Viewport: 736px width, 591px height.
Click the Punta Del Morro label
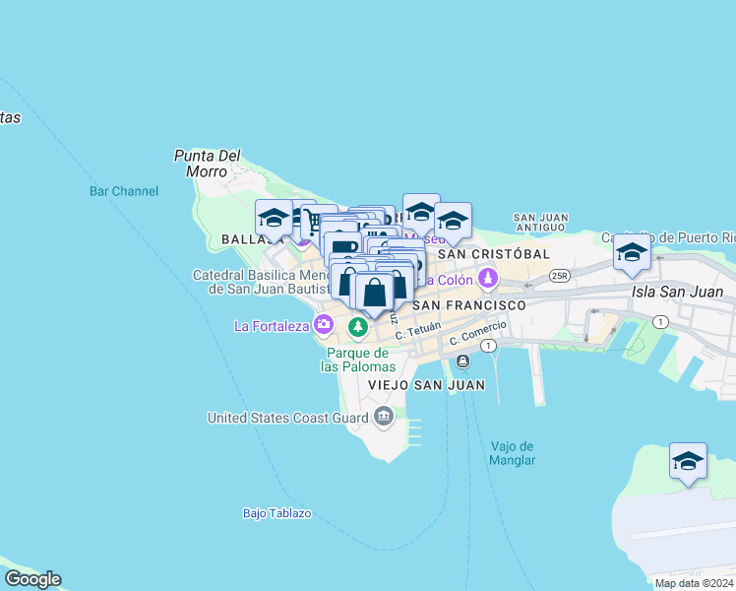[x=207, y=163]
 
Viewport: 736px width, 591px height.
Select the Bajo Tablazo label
[x=276, y=513]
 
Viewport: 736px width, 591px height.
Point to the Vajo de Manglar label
[x=513, y=453]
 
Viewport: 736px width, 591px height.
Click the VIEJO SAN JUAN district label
[x=426, y=384]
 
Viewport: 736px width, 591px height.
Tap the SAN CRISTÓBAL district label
[x=493, y=253]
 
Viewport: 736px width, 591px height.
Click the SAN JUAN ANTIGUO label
[x=540, y=222]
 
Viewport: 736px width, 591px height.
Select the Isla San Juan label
[x=679, y=292]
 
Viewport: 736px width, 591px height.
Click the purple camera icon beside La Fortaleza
[x=324, y=324]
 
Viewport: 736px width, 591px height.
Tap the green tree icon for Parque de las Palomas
[x=359, y=325]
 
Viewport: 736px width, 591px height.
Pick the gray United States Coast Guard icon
[x=383, y=417]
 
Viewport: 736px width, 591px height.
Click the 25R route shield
[x=560, y=275]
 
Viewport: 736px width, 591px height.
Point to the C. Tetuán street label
[x=417, y=332]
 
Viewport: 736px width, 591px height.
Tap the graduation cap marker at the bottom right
[x=688, y=461]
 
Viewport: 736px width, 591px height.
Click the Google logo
[x=32, y=579]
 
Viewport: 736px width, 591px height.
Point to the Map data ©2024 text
[x=694, y=583]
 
